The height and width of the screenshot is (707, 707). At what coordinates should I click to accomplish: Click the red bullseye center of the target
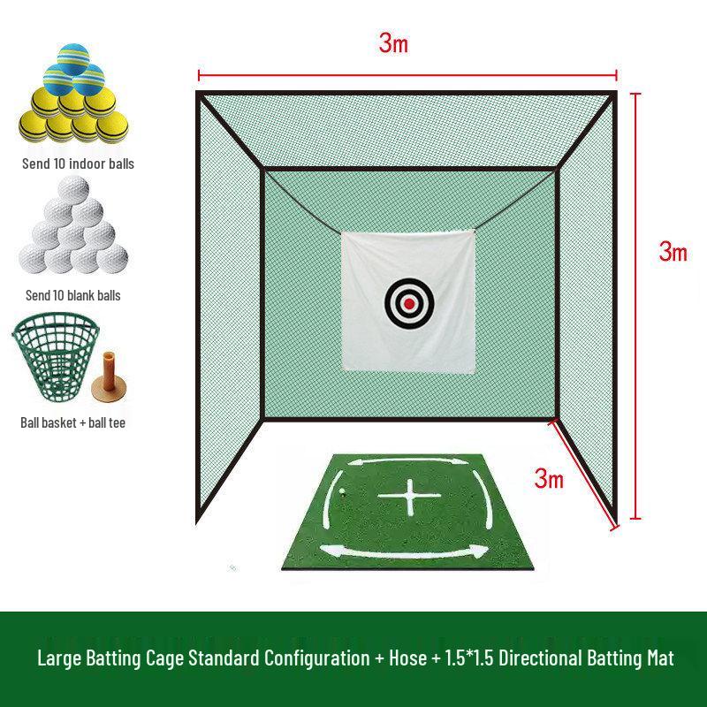[x=409, y=303]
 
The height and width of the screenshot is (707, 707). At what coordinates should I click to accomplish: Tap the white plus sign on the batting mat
[x=409, y=497]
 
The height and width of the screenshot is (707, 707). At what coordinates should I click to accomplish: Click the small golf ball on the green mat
[x=341, y=492]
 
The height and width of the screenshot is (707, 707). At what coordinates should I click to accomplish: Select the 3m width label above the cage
[x=393, y=43]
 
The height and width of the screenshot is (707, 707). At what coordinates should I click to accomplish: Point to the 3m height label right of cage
[x=673, y=251]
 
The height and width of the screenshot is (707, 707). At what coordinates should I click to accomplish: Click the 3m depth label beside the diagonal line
[x=549, y=478]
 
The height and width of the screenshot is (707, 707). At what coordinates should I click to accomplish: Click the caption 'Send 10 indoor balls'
[x=78, y=163]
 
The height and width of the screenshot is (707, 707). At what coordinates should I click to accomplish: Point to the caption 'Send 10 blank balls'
[x=73, y=295]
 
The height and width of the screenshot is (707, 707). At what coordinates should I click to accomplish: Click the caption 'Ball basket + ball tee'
[x=72, y=422]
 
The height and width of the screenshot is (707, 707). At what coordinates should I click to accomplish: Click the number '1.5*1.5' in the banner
[x=469, y=658]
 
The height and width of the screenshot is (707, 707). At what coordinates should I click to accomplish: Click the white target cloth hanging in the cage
[x=408, y=301]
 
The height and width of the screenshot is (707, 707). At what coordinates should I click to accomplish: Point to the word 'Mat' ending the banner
[x=660, y=658]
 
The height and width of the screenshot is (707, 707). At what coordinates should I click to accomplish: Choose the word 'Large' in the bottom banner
[x=59, y=658]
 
